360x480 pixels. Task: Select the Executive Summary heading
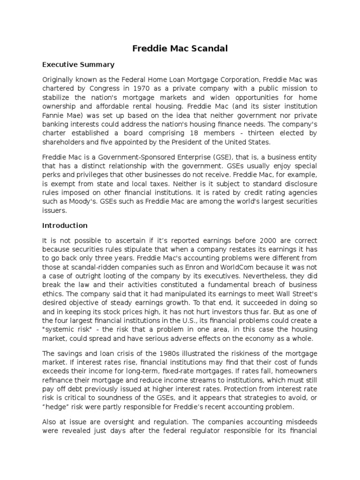[78, 64]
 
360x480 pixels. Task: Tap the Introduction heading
[65, 225]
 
